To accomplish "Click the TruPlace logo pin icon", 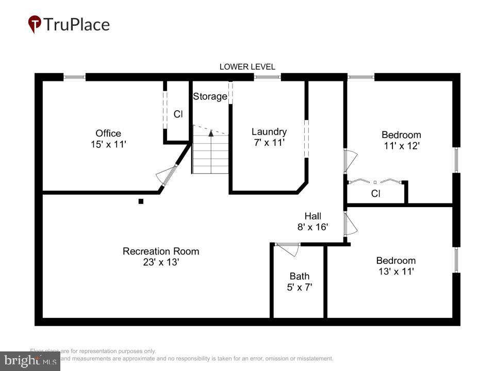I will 35,24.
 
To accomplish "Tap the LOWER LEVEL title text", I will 247,66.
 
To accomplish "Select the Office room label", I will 108,133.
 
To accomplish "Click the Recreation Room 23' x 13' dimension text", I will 160,262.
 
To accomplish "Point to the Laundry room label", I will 269,131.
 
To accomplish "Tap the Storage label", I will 210,96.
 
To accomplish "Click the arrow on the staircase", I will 210,133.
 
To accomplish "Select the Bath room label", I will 299,276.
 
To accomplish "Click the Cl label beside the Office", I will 178,114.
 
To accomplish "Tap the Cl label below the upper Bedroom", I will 376,194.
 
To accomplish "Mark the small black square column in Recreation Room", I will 141,201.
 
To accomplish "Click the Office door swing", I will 166,175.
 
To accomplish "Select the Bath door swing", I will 289,249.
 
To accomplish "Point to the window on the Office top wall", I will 74,77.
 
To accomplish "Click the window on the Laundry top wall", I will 267,77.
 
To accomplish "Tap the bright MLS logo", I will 30,361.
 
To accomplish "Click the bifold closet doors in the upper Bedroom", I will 375,181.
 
